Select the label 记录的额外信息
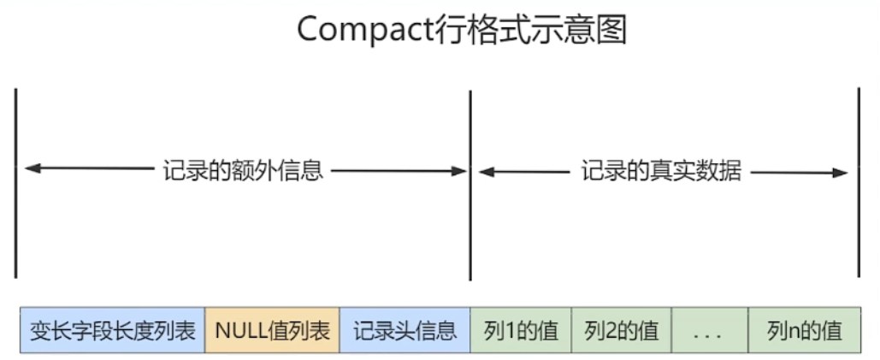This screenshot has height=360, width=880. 243,170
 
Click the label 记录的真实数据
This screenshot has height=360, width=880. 661,171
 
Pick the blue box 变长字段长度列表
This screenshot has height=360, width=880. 113,330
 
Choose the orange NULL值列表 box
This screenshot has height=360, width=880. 272,330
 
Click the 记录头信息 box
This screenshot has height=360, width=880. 405,330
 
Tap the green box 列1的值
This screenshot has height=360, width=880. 520,330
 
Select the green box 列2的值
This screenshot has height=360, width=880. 621,330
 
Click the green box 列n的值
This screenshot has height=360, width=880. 804,330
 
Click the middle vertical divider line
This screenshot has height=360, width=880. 470,185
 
